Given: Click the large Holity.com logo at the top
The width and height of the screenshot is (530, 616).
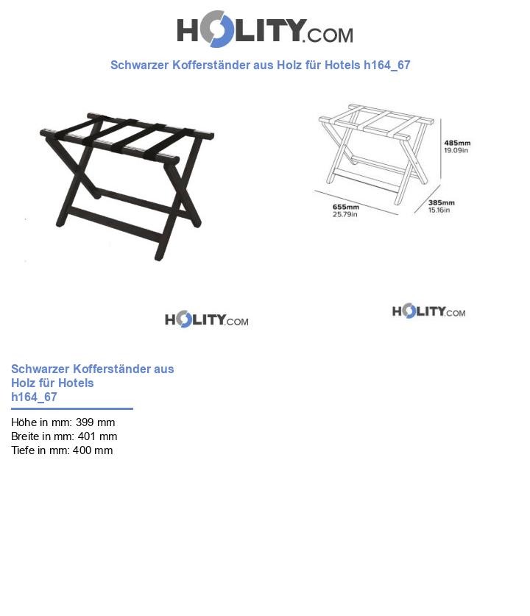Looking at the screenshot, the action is tap(265, 29).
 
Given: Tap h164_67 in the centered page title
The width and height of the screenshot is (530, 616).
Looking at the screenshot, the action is tap(387, 66).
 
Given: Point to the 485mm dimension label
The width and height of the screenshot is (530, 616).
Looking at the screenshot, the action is tap(457, 143).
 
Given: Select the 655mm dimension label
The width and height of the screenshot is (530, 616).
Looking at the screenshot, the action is tap(346, 207).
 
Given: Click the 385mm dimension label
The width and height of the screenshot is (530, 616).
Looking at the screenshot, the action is tap(442, 202).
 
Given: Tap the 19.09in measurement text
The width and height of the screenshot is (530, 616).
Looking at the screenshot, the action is tap(456, 150).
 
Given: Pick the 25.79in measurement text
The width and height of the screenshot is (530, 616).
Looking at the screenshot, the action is tap(345, 214).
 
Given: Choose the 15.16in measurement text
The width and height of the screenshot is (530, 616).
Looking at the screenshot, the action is tap(439, 210).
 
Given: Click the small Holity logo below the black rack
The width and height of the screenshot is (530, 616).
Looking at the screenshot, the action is tap(207, 319).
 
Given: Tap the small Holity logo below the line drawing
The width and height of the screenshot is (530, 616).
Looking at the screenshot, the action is tap(428, 311).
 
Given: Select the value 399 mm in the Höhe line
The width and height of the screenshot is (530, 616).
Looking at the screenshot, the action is tap(96, 422).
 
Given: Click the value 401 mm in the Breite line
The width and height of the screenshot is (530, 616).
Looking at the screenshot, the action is tap(97, 436).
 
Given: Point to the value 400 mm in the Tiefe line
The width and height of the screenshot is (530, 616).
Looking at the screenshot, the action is tap(93, 450).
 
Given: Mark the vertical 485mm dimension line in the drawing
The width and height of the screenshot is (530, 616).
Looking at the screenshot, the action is tap(440, 150).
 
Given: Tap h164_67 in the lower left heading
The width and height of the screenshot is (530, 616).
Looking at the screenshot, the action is tap(34, 397).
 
